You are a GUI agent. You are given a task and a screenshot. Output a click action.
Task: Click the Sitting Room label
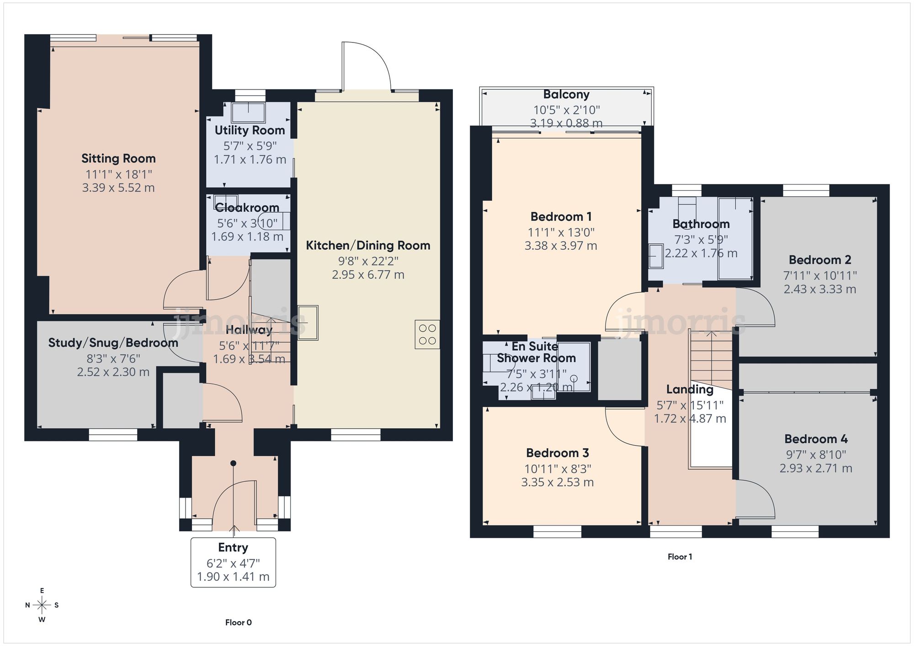tap(118, 158)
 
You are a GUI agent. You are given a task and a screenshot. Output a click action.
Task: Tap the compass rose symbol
tap(42, 605)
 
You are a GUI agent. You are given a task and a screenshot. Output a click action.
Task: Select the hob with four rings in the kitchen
tap(427, 335)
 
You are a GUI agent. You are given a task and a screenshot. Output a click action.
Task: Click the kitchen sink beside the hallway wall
tap(308, 323)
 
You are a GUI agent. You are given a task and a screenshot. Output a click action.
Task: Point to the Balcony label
tap(566, 95)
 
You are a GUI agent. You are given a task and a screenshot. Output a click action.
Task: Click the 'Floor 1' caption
tap(680, 557)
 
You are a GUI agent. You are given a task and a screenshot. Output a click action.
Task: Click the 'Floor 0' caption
tap(238, 622)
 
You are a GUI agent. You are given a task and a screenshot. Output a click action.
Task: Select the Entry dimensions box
tap(233, 562)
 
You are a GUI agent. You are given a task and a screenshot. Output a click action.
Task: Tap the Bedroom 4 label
tap(816, 439)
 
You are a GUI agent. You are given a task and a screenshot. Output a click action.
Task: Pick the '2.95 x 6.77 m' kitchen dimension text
tap(368, 275)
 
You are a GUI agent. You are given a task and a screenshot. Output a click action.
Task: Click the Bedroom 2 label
tap(820, 260)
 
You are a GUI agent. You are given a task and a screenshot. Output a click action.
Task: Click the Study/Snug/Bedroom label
tap(113, 343)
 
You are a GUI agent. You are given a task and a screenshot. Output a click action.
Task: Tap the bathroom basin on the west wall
tap(656, 257)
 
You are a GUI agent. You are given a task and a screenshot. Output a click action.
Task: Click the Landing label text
tap(690, 389)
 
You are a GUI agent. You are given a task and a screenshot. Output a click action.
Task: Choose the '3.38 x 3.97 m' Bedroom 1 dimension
tap(561, 246)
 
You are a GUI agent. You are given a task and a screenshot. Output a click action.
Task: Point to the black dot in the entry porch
tap(233, 463)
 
